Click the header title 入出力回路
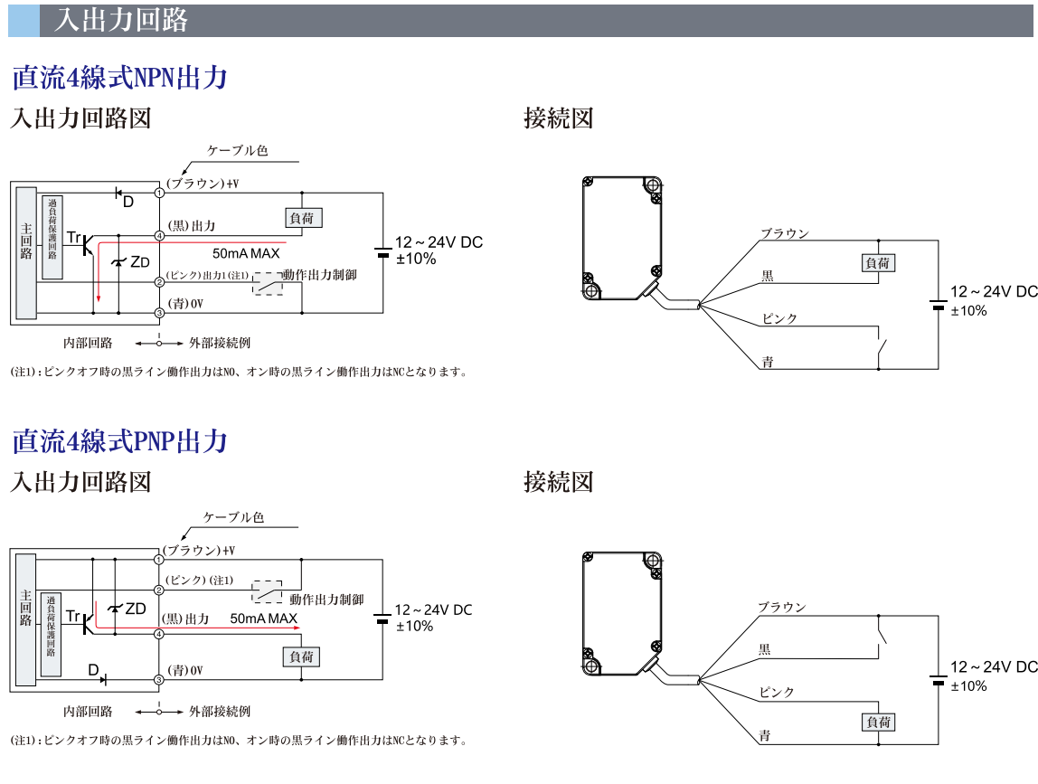coord(121,21)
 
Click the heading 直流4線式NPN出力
coord(118,78)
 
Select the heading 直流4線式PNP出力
coord(118,442)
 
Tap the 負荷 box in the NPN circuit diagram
coord(303,217)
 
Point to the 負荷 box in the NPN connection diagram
coord(877,263)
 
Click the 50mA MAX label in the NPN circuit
coord(246,253)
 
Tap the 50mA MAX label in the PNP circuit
coord(264,619)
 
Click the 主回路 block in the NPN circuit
coord(25,252)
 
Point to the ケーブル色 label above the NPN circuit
coord(238,150)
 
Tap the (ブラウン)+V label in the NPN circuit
coord(203,184)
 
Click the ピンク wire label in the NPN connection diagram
coord(779,319)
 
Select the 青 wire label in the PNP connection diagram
coord(767,735)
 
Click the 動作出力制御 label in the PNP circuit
coord(326,599)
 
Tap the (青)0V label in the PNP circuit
coord(186,670)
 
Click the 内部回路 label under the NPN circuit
coord(88,344)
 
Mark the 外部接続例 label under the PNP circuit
coord(219,712)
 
